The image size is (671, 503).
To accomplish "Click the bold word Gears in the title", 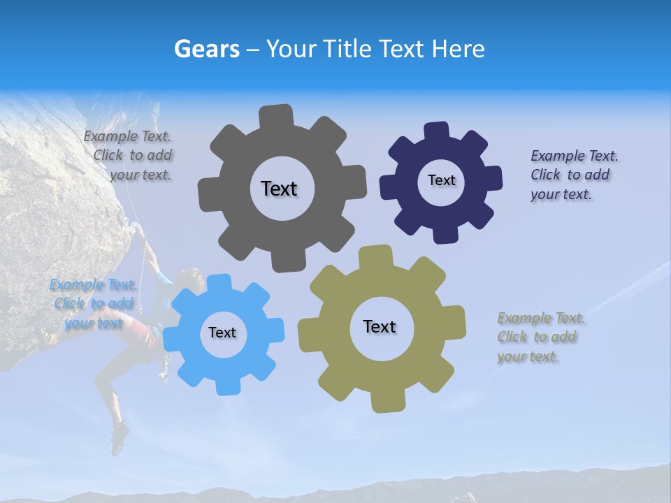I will click(x=206, y=49).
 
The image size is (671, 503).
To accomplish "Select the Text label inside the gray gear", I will click(x=279, y=189).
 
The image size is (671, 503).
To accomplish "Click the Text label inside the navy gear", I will click(x=441, y=180).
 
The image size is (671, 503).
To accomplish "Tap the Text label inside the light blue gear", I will click(x=222, y=333).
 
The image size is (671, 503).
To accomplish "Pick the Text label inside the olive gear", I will click(x=380, y=326).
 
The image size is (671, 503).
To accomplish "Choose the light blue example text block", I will click(x=93, y=303).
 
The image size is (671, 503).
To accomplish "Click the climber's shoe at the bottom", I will click(x=120, y=439).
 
